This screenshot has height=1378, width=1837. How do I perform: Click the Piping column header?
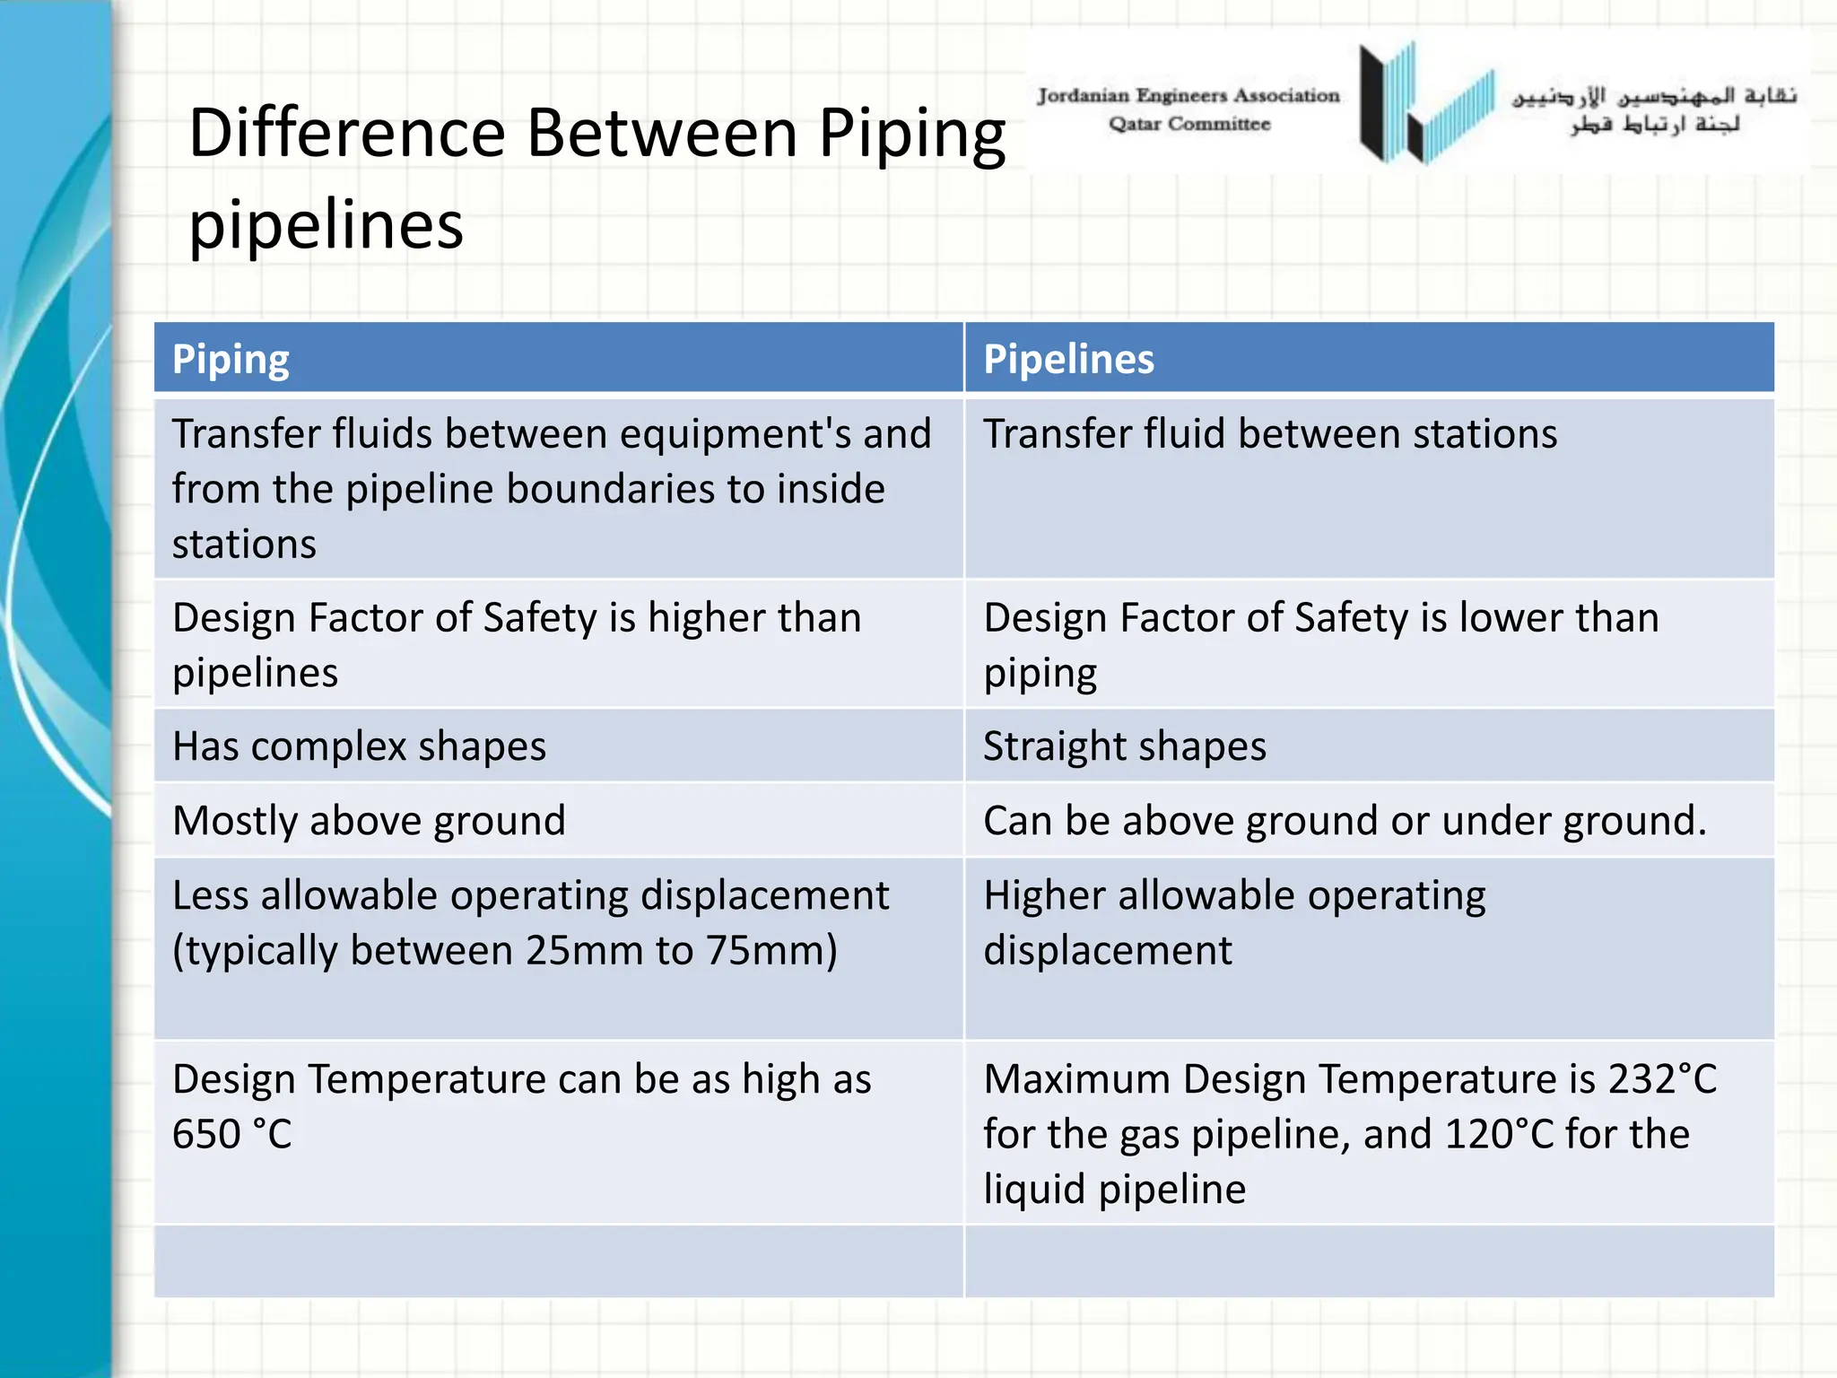(231, 360)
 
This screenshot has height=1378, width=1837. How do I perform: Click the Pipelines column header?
(1068, 360)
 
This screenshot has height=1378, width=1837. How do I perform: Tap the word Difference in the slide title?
(347, 134)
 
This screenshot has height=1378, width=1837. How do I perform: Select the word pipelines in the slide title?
(326, 225)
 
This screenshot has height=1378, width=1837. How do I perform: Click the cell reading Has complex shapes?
(359, 746)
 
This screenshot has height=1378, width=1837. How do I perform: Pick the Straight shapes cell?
(1125, 746)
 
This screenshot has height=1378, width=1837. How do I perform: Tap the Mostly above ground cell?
(369, 821)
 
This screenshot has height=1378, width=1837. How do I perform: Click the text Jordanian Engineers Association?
(1188, 96)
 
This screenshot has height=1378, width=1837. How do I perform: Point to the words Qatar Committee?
(1189, 124)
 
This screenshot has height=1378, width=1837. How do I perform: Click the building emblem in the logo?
(1426, 103)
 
